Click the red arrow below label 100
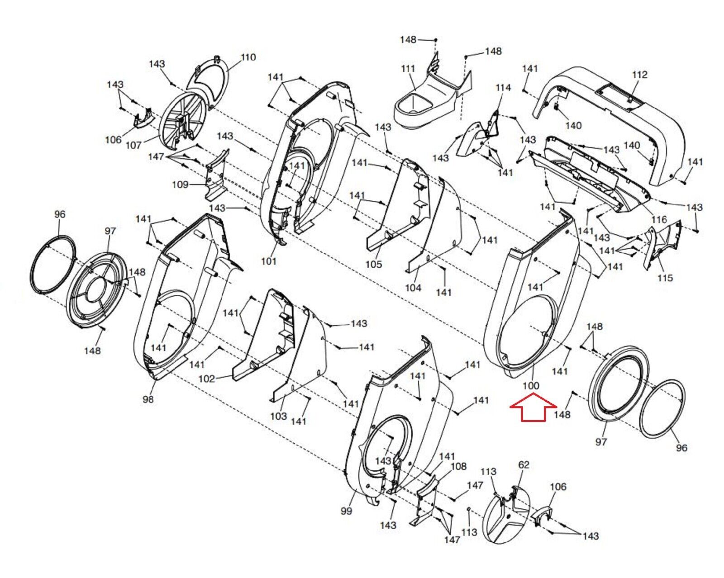click(533, 407)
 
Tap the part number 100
click(531, 386)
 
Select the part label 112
click(640, 75)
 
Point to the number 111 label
click(408, 69)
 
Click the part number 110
click(248, 57)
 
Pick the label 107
click(133, 145)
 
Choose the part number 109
click(180, 185)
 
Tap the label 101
click(269, 261)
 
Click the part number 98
click(148, 399)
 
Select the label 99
click(346, 511)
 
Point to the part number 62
click(524, 464)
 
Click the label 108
click(458, 466)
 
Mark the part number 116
click(659, 220)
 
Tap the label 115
click(665, 278)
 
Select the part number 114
click(503, 88)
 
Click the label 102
click(207, 379)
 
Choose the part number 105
click(374, 264)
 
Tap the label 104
click(413, 288)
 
